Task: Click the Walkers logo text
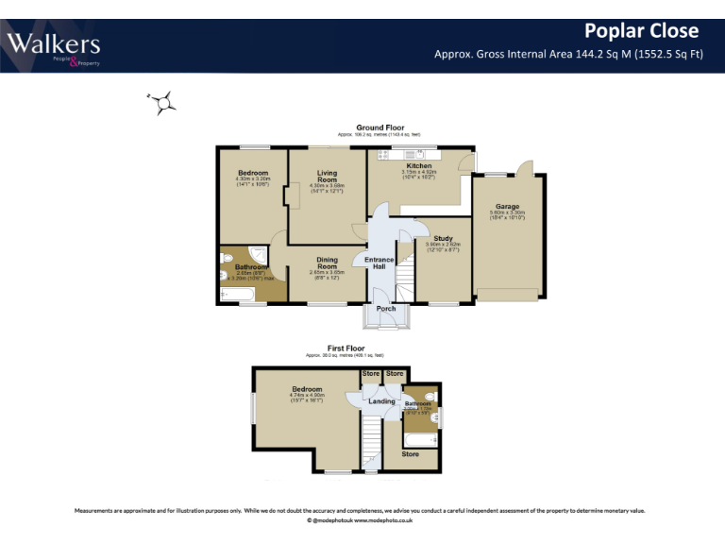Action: click(53, 43)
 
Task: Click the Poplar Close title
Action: click(641, 31)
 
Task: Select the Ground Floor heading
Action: click(379, 127)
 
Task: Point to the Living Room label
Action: click(327, 177)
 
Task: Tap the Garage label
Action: click(507, 206)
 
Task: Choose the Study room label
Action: click(443, 238)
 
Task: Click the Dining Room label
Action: click(327, 263)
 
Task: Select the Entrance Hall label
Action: click(379, 263)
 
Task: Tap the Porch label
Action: click(386, 309)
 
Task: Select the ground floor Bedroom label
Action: click(253, 173)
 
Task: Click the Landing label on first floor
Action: click(381, 401)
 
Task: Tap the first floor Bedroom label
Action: click(307, 389)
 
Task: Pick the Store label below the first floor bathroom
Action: click(410, 454)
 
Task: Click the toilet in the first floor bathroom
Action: click(430, 397)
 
